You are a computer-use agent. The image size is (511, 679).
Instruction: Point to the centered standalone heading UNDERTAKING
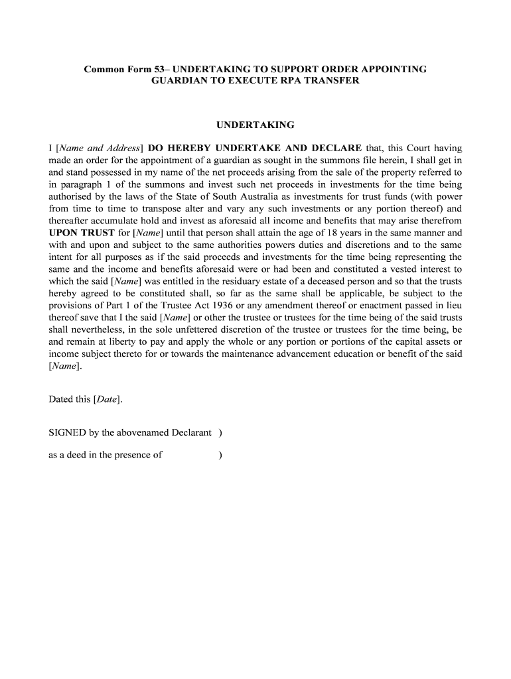pyautogui.click(x=256, y=125)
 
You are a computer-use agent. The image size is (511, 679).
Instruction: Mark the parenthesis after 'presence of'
pyautogui.click(x=220, y=455)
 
